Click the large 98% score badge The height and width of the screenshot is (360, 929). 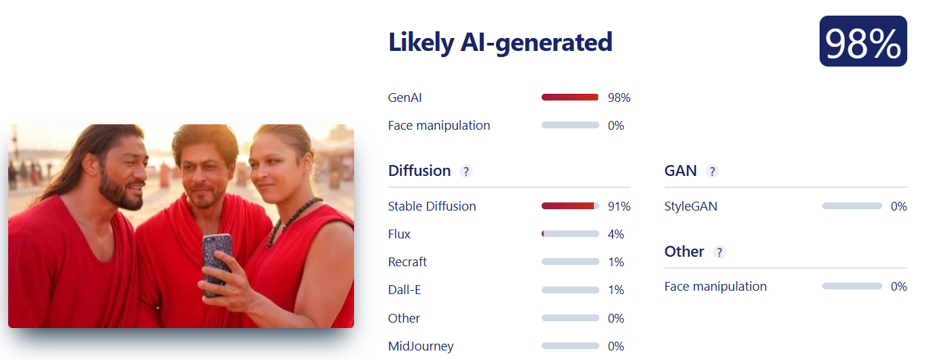coord(863,41)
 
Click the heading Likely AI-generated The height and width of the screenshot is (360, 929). coord(500,42)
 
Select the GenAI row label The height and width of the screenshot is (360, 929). coord(405,97)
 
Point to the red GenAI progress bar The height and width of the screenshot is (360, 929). coord(570,97)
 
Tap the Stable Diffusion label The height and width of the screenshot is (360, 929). coord(432,206)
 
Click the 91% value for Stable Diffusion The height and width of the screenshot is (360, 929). coord(619,206)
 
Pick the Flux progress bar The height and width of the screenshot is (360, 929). coord(570,234)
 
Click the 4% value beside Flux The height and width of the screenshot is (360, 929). coord(616,234)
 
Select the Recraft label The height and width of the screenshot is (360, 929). coord(407,262)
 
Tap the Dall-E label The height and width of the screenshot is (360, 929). coord(404,289)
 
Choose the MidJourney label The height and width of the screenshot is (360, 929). coord(421,346)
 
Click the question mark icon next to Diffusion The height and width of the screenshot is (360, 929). coord(466,171)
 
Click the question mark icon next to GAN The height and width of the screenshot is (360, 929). coord(712,171)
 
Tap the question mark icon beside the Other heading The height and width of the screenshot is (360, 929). coord(720,252)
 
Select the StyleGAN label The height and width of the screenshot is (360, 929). coord(690,206)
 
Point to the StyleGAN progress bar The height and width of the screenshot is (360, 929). coord(852,206)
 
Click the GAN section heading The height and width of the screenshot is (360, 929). coord(680,171)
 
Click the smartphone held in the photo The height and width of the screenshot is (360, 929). coord(217,265)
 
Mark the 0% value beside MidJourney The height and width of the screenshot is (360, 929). coord(616,346)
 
